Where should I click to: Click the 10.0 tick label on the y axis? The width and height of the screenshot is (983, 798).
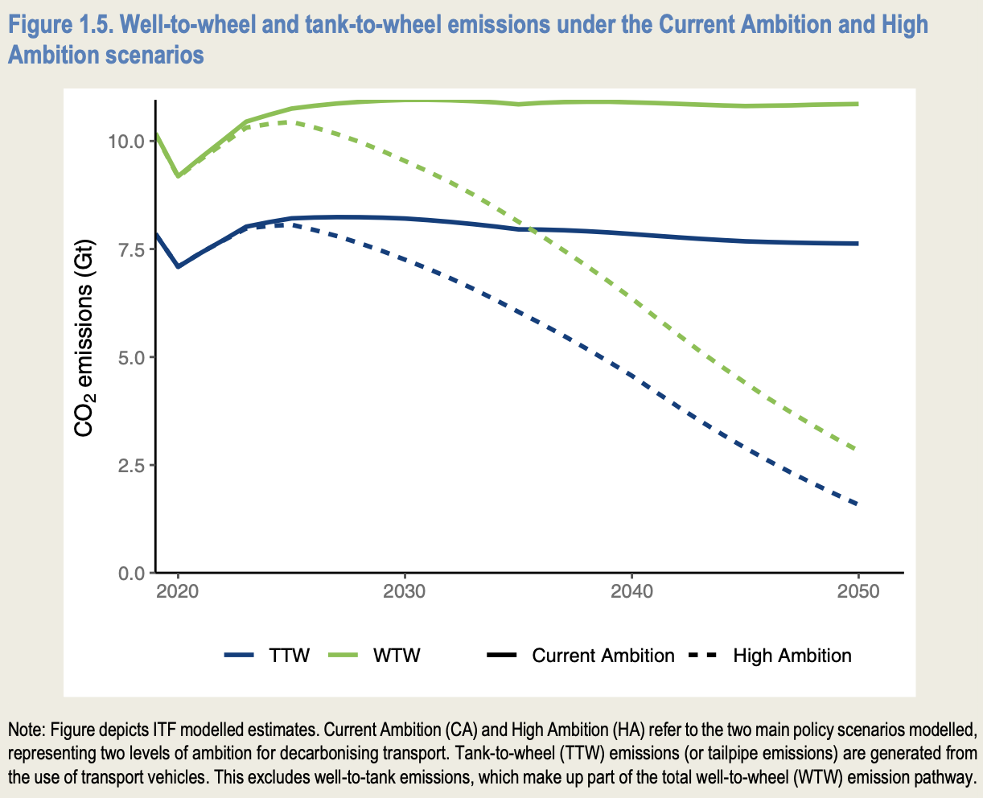(x=126, y=142)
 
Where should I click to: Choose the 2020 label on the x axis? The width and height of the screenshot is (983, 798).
(x=178, y=592)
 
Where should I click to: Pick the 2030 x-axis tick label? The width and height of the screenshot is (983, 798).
(x=405, y=592)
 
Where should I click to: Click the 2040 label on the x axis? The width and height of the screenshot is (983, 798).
(x=631, y=592)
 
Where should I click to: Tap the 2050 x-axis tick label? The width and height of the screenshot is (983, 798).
(x=858, y=592)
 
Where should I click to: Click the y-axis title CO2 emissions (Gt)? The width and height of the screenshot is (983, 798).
(x=84, y=338)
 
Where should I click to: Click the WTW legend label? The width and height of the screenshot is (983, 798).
(x=397, y=656)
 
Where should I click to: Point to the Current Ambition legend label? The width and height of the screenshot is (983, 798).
(x=603, y=656)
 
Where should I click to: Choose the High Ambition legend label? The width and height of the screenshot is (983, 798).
(x=792, y=656)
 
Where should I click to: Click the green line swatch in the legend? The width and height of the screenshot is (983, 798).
(x=347, y=656)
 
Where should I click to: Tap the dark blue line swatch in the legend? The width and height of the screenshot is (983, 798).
(x=240, y=656)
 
